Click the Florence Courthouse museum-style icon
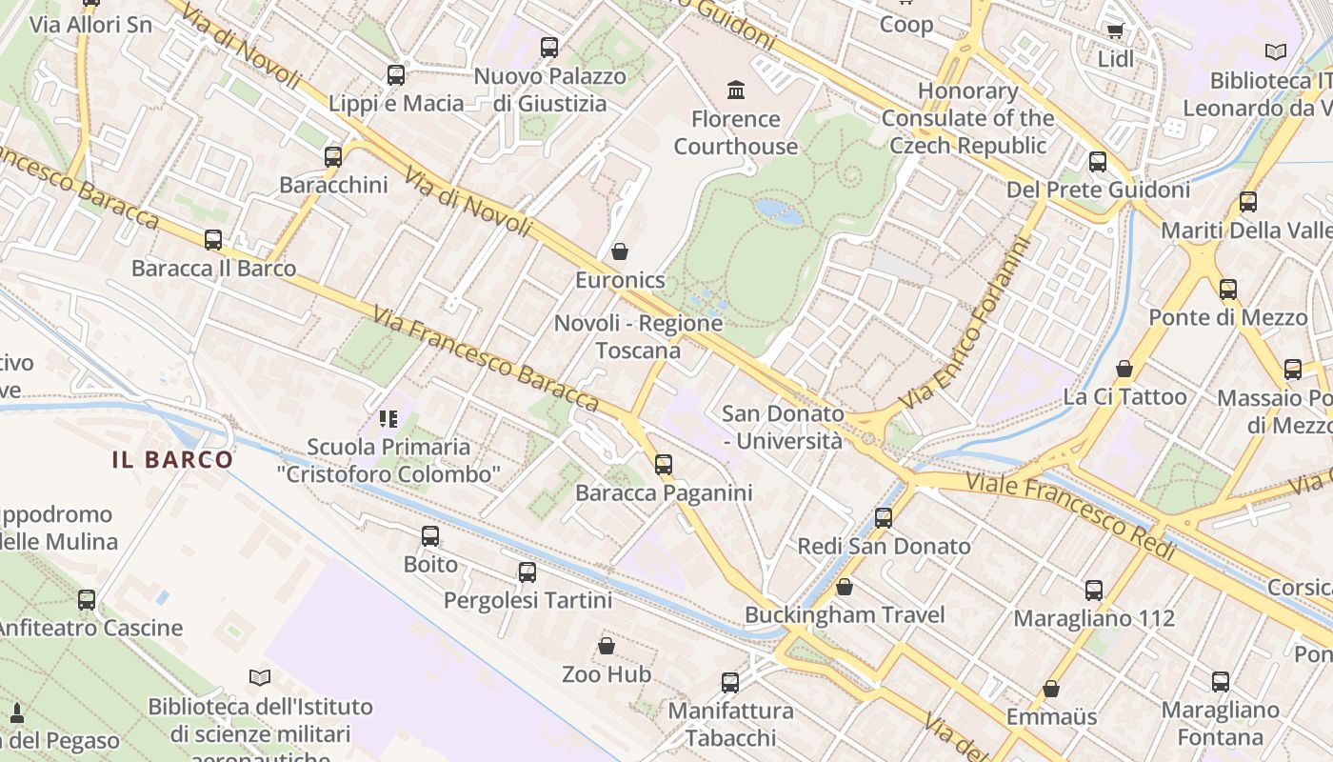click(736, 90)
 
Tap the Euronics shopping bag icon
click(620, 251)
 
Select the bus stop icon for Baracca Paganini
click(664, 465)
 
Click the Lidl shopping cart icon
click(1115, 30)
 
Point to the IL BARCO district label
click(172, 460)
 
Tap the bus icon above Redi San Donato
click(884, 518)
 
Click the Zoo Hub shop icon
click(607, 647)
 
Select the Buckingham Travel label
click(845, 615)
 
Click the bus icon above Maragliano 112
click(1094, 591)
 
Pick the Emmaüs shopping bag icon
click(1051, 689)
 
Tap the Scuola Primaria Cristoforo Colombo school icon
click(388, 418)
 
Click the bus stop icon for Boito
click(430, 536)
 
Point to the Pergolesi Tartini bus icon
click(527, 572)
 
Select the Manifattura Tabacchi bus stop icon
click(730, 682)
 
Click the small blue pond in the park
click(778, 211)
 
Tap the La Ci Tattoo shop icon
click(1124, 369)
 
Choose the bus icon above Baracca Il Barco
click(213, 240)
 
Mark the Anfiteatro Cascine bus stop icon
click(87, 600)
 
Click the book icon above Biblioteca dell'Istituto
click(260, 677)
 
